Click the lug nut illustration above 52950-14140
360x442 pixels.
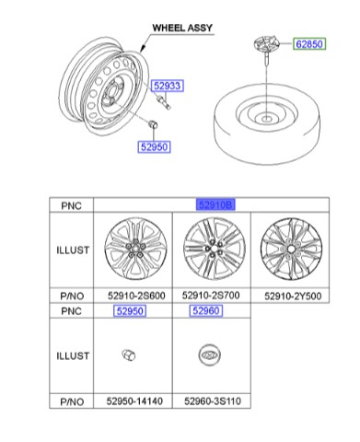pos(130,355)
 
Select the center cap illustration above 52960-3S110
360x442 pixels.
pos(211,355)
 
